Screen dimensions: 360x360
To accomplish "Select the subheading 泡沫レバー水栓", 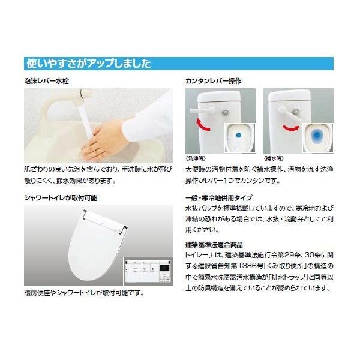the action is pyautogui.click(x=47, y=81).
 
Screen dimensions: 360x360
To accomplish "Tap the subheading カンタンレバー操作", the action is pyautogui.click(x=213, y=81).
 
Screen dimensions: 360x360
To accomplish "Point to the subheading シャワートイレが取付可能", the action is pyautogui.click(x=61, y=198).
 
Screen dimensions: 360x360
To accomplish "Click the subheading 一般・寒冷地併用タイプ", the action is pyautogui.click(x=219, y=197).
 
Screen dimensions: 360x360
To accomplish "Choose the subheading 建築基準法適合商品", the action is pyautogui.click(x=214, y=245).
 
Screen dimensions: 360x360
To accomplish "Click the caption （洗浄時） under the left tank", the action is pyautogui.click(x=196, y=158).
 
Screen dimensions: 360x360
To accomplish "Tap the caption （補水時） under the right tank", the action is pyautogui.click(x=274, y=158).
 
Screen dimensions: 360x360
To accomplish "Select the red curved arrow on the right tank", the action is pyautogui.click(x=291, y=127).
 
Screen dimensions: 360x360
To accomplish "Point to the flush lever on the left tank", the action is pyautogui.click(x=202, y=110).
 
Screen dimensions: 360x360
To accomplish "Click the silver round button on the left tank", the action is pyautogui.click(x=226, y=112).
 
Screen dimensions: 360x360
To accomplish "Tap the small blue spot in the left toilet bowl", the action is pyautogui.click(x=239, y=135).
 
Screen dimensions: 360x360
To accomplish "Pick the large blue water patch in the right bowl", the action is pyautogui.click(x=317, y=136).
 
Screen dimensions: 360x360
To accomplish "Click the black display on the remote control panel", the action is pyautogui.click(x=165, y=268).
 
